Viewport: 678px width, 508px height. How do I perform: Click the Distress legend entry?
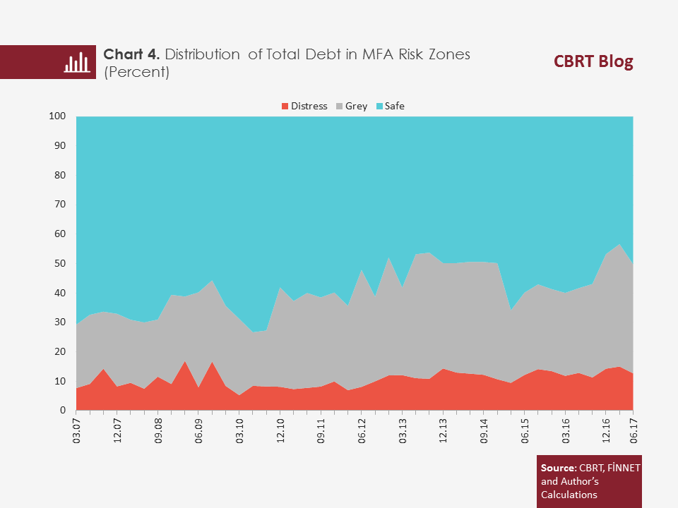pyautogui.click(x=304, y=107)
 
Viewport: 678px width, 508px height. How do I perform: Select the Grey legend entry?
pyautogui.click(x=351, y=107)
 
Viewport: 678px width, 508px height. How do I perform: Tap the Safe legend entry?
pyautogui.click(x=389, y=107)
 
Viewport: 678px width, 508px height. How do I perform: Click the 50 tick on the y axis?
pyautogui.click(x=61, y=263)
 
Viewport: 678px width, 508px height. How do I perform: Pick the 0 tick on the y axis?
pyautogui.click(x=63, y=411)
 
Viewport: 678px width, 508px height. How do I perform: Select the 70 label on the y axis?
pyautogui.click(x=61, y=205)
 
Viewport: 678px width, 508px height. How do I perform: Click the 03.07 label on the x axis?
pyautogui.click(x=76, y=429)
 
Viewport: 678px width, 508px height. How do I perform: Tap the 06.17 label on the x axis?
pyautogui.click(x=634, y=429)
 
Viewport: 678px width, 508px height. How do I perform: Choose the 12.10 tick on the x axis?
pyautogui.click(x=280, y=429)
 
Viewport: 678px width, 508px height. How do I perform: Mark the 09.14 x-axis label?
pyautogui.click(x=484, y=429)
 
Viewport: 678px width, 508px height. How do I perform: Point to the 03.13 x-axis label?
pyautogui.click(x=403, y=429)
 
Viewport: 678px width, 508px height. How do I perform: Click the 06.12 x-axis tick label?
pyautogui.click(x=362, y=429)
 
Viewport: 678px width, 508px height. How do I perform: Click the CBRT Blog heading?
pyautogui.click(x=593, y=62)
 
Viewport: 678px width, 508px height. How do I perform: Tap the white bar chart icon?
pyautogui.click(x=76, y=62)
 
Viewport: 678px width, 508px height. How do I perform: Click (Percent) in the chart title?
pyautogui.click(x=136, y=72)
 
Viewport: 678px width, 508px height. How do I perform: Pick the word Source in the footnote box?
pyautogui.click(x=557, y=468)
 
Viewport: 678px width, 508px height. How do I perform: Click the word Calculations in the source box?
pyautogui.click(x=569, y=495)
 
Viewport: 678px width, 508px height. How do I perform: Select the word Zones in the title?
pyautogui.click(x=448, y=55)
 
